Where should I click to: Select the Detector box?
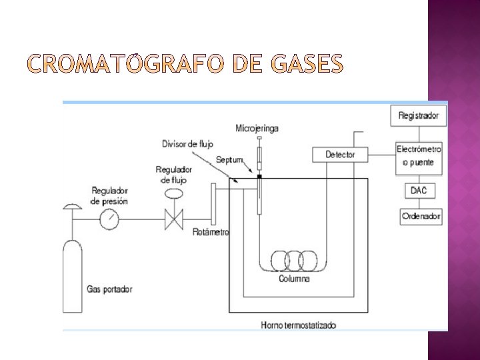(340, 155)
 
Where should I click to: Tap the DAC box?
(419, 191)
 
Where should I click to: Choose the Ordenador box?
(421, 217)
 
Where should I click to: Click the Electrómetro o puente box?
(419, 155)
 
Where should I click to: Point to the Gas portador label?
(110, 289)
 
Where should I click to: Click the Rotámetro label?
(210, 232)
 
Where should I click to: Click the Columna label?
(294, 279)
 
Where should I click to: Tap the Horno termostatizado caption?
(299, 325)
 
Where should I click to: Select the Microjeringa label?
(257, 127)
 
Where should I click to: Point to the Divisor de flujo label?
(188, 144)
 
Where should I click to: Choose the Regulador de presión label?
(110, 195)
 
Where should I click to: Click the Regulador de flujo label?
(175, 175)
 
